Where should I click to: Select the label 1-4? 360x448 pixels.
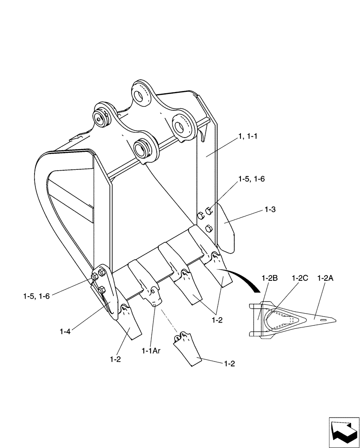64,331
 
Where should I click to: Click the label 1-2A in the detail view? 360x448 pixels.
326,278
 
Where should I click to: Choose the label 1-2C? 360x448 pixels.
300,278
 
